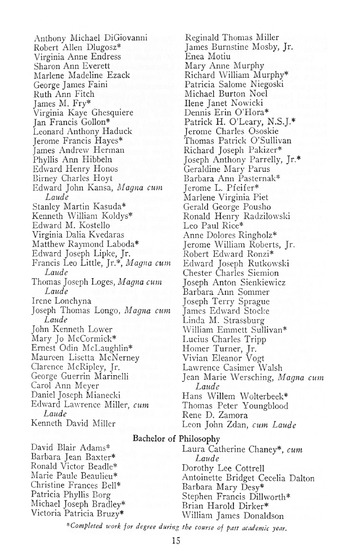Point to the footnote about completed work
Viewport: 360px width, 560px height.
pos(180,522)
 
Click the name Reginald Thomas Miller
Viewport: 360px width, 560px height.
pos(237,34)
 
